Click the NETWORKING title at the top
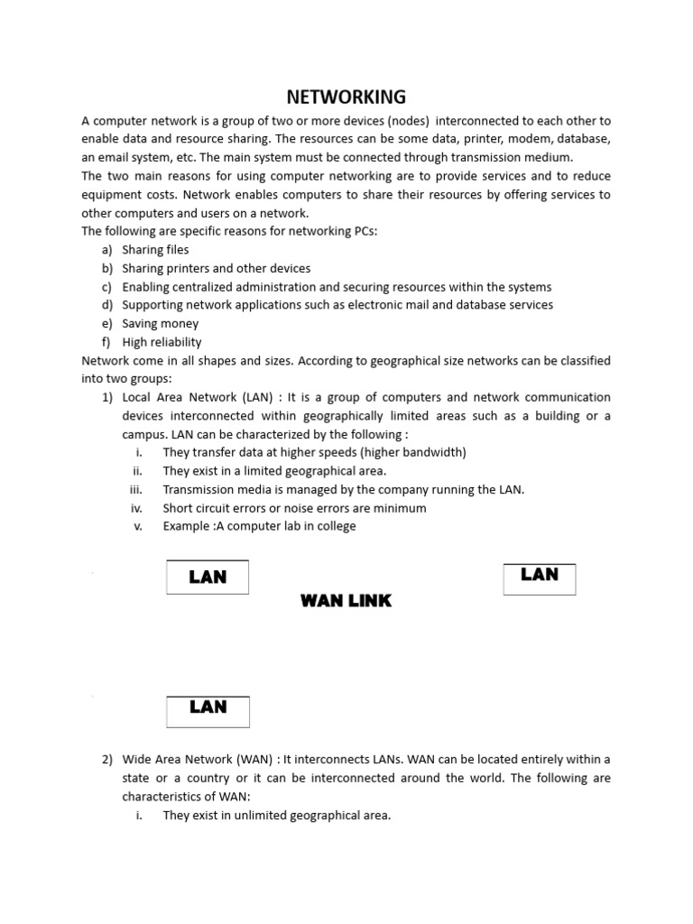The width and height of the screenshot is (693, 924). pyautogui.click(x=346, y=97)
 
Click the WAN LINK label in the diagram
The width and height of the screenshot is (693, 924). pyautogui.click(x=346, y=601)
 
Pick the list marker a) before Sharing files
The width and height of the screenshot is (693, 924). pyautogui.click(x=107, y=250)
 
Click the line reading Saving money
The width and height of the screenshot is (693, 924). pyautogui.click(x=161, y=324)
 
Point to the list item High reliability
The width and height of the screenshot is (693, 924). pyautogui.click(x=162, y=342)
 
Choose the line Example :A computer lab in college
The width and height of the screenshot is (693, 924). pyautogui.click(x=260, y=526)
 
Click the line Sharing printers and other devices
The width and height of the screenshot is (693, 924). pyautogui.click(x=217, y=268)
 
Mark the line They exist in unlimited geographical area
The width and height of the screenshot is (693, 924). pyautogui.click(x=277, y=816)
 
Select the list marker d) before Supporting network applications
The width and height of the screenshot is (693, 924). pyautogui.click(x=107, y=305)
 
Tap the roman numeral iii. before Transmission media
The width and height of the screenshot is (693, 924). pyautogui.click(x=136, y=489)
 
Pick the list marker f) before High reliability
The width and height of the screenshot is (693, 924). pyautogui.click(x=107, y=342)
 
